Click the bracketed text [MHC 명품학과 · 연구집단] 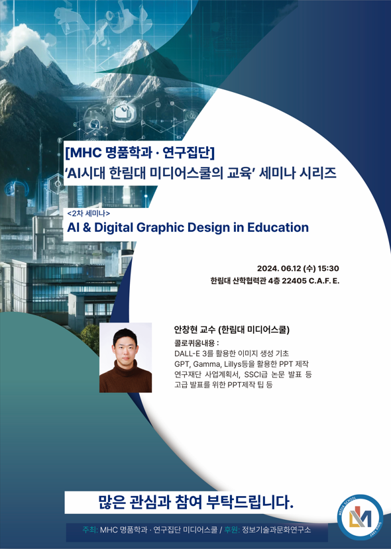140,152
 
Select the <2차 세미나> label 88,213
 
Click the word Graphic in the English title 162,227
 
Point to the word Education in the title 278,227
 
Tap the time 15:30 328,268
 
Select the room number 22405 294,281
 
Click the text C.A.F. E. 324,281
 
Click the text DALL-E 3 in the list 190,354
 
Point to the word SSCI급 258,375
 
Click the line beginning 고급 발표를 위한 223,385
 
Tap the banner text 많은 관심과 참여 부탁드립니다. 195,501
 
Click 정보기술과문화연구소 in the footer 276,530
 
